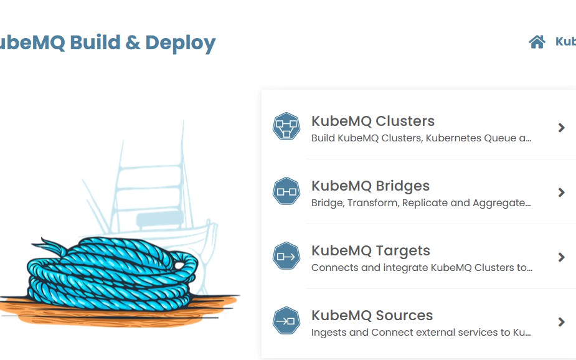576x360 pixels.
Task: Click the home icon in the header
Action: (537, 42)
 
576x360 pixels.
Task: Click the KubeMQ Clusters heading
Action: (372, 121)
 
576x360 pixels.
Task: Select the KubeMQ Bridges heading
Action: (370, 186)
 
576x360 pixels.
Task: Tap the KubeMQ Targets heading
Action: (371, 251)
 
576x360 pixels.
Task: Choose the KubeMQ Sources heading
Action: (372, 316)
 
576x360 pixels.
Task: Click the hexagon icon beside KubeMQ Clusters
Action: (286, 127)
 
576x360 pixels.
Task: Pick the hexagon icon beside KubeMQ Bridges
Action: (286, 192)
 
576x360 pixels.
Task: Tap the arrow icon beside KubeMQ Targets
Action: (286, 257)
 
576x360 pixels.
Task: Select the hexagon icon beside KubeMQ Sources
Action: (286, 321)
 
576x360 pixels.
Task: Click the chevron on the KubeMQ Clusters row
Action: (562, 128)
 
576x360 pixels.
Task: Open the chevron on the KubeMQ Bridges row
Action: (562, 192)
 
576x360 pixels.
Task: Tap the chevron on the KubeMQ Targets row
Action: (562, 257)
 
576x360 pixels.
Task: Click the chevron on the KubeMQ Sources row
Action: (562, 322)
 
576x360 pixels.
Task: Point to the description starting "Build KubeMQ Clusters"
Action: (421, 138)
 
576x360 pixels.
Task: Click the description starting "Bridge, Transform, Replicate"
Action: (420, 203)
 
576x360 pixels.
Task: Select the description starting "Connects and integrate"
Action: (421, 268)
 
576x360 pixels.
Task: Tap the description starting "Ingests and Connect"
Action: (420, 333)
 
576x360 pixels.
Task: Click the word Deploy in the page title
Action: (180, 43)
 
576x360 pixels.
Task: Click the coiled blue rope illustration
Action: (112, 271)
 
